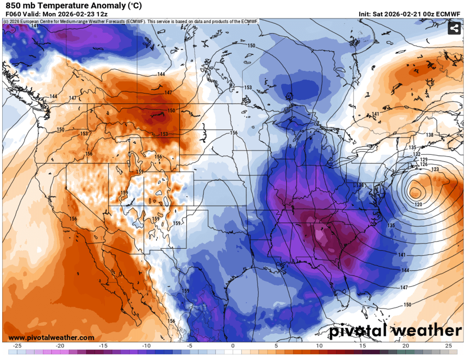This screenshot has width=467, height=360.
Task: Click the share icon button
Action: [454, 28]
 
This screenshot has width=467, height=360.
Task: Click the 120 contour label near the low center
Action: [418, 204]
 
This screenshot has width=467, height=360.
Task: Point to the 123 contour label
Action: [435, 169]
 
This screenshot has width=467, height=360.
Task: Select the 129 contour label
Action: [424, 159]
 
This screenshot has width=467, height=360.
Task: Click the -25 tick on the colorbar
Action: [17, 346]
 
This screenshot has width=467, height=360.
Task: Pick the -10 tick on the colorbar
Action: [146, 346]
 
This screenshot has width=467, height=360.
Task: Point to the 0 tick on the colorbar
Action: [233, 346]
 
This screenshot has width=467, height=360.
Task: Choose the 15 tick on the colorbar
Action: [362, 346]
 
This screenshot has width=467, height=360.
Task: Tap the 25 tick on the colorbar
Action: [448, 346]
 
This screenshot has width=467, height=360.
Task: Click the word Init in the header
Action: [365, 14]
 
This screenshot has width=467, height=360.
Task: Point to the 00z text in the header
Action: [426, 14]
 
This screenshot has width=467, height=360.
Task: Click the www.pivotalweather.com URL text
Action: [51, 337]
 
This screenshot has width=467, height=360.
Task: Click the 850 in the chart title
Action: [12, 6]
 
